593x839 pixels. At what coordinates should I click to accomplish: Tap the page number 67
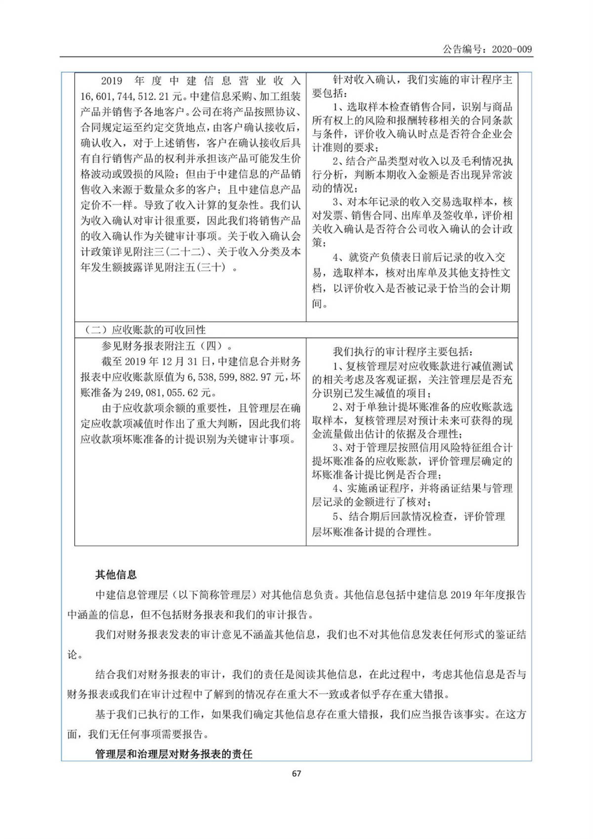(296, 773)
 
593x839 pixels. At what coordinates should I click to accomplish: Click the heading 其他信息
(116, 574)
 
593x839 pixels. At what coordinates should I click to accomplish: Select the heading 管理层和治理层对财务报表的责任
(173, 754)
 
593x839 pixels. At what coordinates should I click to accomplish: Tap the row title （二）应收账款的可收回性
(145, 330)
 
